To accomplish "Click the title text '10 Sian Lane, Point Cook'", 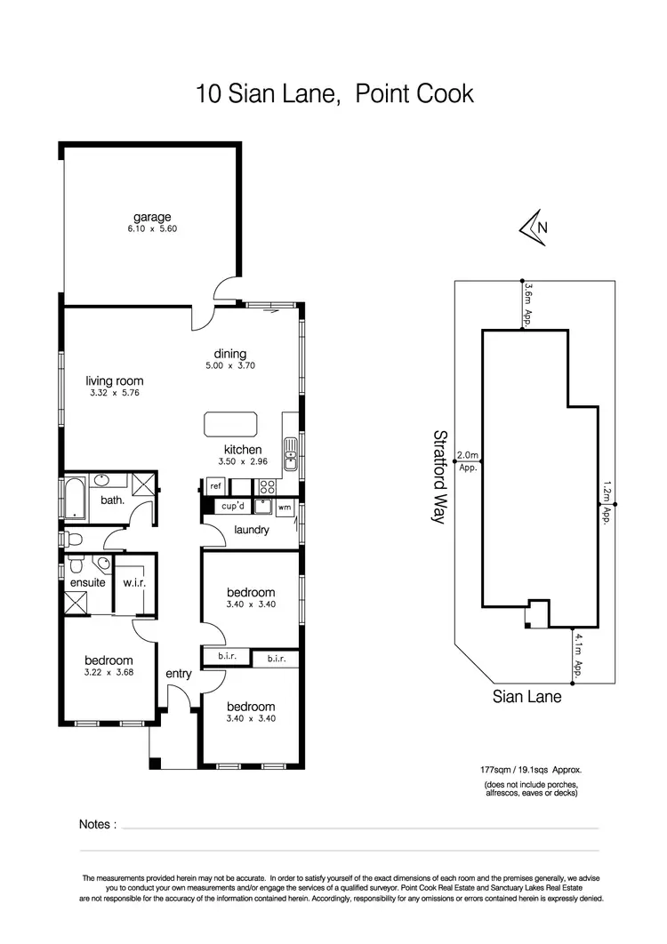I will (x=335, y=93).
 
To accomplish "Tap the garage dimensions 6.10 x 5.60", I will (x=152, y=228).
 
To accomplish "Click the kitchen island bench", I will (x=230, y=422).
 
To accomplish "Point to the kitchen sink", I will (x=289, y=458).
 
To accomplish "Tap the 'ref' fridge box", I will (x=215, y=486).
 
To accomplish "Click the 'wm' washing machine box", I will (x=285, y=508).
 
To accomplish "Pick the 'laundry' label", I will (x=252, y=531).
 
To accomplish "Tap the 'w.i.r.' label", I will (x=134, y=582).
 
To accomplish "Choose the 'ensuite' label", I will (x=88, y=583).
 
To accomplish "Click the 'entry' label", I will (x=179, y=674).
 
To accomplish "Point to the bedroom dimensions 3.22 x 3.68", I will (x=109, y=673).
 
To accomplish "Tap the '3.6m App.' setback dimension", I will (x=528, y=305).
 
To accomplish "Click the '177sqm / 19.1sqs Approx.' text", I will (x=531, y=770).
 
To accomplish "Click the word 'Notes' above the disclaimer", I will (x=97, y=824).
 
